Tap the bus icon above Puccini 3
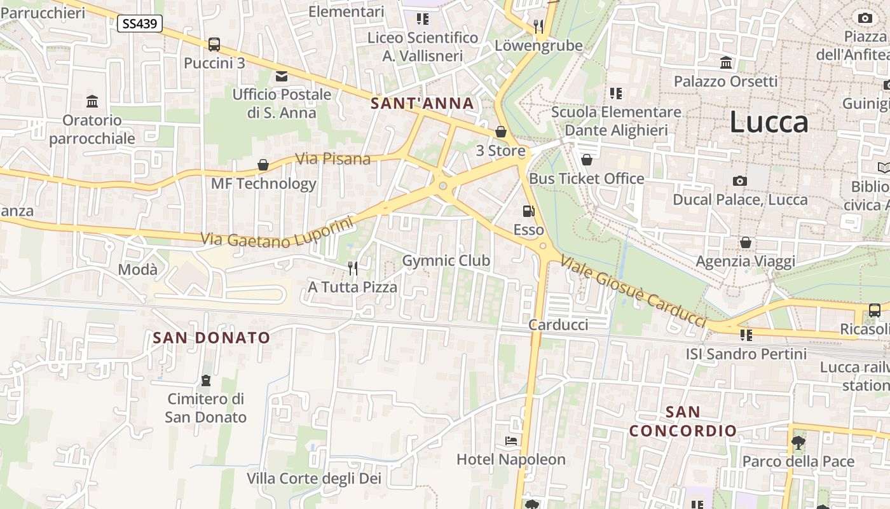coord(214,45)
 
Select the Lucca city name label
coord(769,122)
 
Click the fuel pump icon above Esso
coord(528,211)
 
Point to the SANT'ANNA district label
coord(422,103)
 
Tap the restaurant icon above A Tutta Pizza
coord(353,268)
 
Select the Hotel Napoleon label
coord(510,459)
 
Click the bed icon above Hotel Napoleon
coord(510,440)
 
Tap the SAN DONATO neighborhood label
coord(211,337)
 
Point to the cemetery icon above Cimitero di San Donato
coord(205,380)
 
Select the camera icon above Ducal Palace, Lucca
coord(739,181)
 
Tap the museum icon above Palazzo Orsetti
coord(725,62)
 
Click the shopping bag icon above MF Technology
coord(263,165)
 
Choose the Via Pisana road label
coord(333,158)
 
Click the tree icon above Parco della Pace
coord(798,442)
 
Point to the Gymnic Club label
coord(446,260)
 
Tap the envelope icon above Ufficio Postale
coord(281,76)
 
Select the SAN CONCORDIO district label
coord(683,421)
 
